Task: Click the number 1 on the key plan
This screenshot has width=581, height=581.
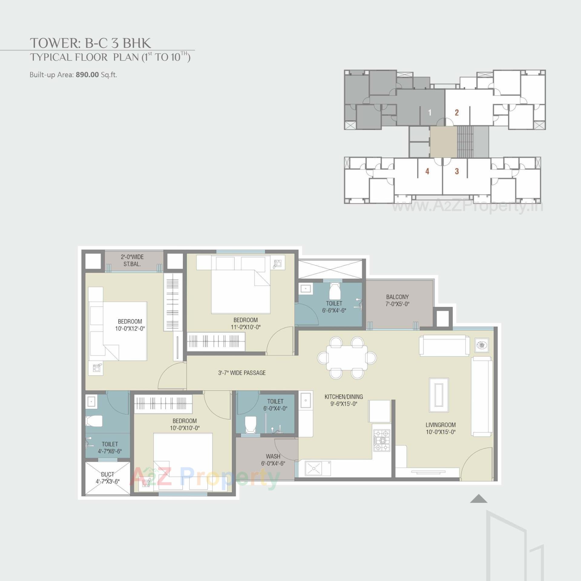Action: [429, 113]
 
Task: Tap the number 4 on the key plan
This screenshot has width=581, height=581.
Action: [427, 171]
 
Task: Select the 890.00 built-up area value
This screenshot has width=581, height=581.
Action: [87, 75]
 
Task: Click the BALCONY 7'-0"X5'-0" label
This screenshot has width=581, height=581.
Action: [397, 300]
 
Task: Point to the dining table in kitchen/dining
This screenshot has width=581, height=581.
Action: [347, 358]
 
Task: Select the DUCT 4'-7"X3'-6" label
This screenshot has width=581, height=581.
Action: [108, 478]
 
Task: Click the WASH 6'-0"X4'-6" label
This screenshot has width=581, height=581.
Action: [273, 460]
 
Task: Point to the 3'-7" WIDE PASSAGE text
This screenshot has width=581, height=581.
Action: [242, 373]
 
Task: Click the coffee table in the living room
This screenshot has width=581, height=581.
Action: [438, 395]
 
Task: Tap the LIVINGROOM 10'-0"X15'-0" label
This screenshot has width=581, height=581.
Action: [440, 428]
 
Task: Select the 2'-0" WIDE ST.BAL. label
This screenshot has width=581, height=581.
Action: [132, 260]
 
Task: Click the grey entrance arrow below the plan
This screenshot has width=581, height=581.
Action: [478, 499]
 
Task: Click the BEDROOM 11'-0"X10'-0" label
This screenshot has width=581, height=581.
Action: [245, 323]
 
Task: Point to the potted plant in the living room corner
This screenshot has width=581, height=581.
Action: [481, 345]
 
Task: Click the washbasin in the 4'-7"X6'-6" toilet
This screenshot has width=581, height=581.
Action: [91, 402]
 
